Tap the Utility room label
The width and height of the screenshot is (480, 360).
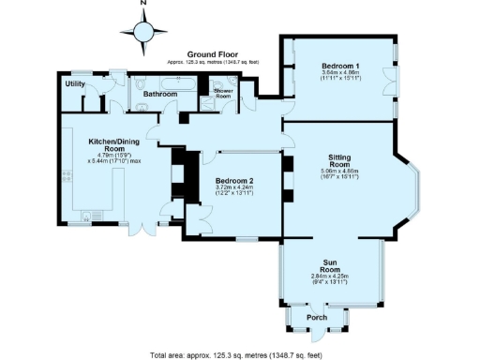pos(75,84)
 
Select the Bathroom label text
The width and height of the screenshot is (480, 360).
pos(159,94)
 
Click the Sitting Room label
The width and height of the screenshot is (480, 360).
pos(339,161)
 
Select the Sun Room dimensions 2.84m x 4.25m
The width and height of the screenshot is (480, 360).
pos(329,276)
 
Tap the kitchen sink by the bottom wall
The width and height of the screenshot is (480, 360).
pos(85,218)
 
